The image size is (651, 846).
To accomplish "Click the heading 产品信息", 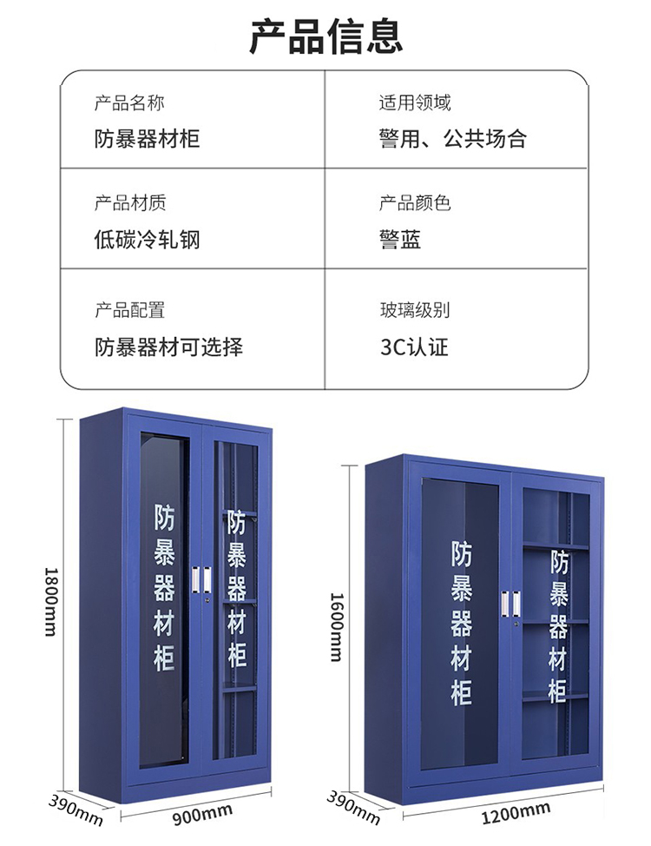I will [325, 36].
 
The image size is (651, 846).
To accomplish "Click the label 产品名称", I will [129, 103].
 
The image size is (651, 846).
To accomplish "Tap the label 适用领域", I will [414, 103].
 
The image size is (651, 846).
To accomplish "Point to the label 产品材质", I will [129, 203].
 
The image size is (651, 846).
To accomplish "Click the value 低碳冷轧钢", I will [147, 239].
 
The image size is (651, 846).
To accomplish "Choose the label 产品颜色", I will [414, 203].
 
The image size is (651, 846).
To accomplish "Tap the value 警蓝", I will [400, 239].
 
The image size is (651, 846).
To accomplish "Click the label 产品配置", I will [129, 310].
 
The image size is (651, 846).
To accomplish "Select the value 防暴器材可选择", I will [168, 347].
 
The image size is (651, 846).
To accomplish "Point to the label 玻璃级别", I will [414, 310].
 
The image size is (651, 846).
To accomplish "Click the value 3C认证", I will [414, 347].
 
